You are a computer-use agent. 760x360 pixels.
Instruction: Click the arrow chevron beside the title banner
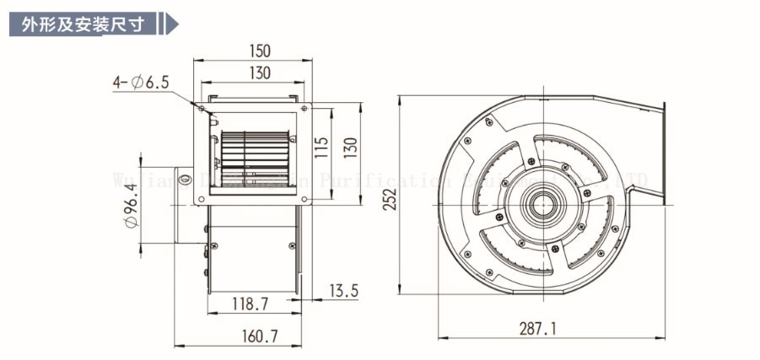(x=171, y=24)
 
